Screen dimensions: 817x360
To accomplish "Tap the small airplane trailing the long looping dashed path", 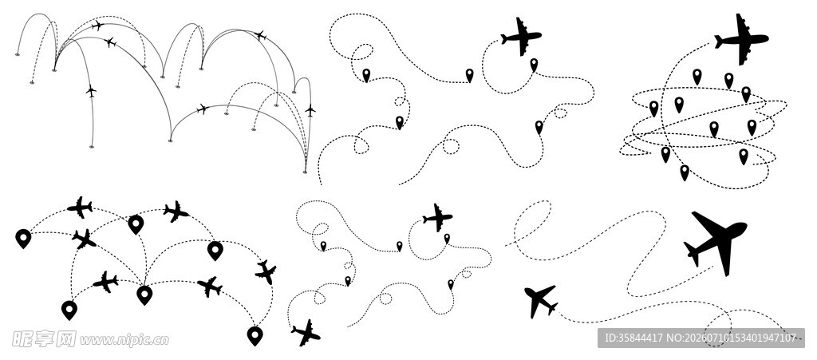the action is [x=541, y=301].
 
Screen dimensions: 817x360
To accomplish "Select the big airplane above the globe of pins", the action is [x=741, y=39].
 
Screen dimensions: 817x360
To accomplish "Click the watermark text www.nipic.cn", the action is [x=124, y=340].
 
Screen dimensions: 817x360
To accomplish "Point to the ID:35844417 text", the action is [x=633, y=338].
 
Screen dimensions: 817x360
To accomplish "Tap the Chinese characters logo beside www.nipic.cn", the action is [x=44, y=339].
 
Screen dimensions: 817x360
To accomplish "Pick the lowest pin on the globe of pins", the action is [x=684, y=172].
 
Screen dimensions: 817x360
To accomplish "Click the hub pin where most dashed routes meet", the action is [x=144, y=295].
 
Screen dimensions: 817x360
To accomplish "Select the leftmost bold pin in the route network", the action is [x=23, y=239].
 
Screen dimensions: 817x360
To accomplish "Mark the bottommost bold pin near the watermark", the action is [x=255, y=336].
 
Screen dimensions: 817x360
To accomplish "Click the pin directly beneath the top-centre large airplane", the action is [x=534, y=65].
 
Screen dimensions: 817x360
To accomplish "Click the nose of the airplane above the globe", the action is [x=767, y=38].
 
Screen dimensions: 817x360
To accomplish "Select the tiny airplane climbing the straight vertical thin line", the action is [x=91, y=91].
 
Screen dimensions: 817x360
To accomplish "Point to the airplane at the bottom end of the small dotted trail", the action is [x=306, y=333].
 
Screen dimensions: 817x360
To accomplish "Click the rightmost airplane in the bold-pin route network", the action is [x=266, y=272].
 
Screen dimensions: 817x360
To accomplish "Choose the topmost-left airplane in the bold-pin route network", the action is [x=80, y=208].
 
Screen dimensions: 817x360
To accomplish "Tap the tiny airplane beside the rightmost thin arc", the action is [x=310, y=110].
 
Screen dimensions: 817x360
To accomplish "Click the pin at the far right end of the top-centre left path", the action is [x=469, y=76].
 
